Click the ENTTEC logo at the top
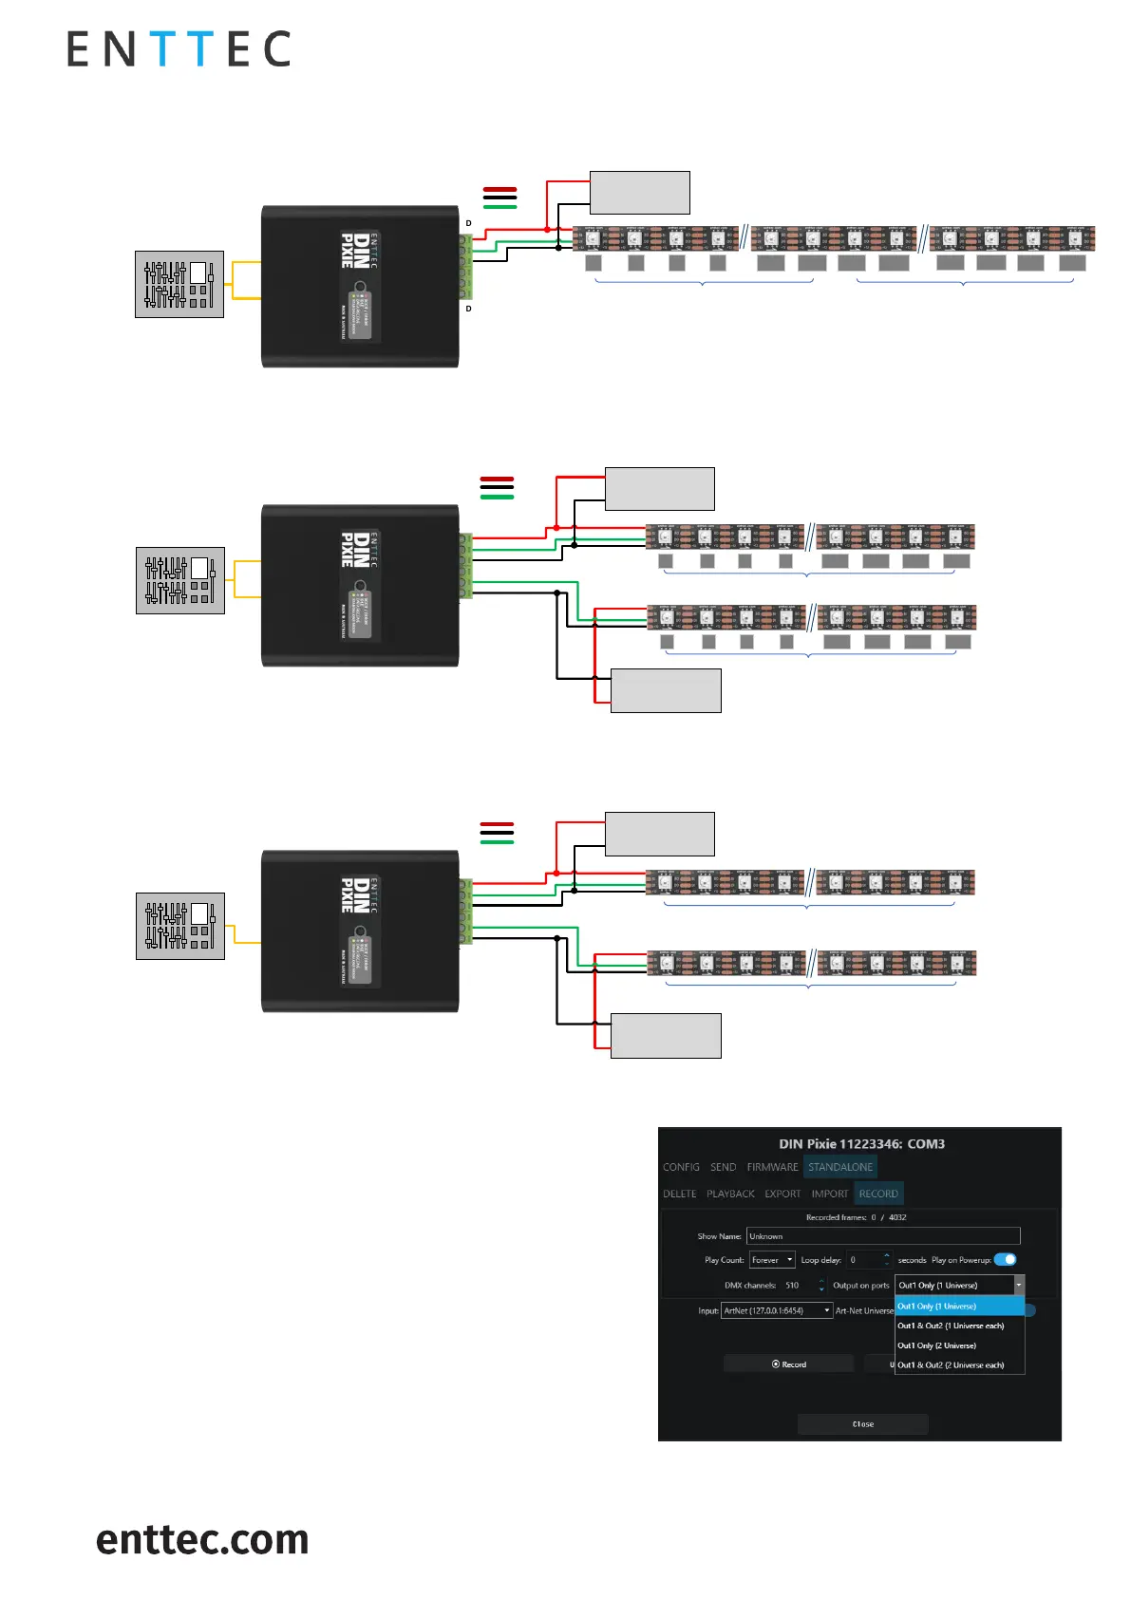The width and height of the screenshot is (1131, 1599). [x=179, y=49]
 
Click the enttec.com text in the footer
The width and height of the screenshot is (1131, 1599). [x=202, y=1539]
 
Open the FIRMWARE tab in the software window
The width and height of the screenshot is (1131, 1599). [x=772, y=1167]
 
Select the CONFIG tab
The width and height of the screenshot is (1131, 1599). [x=681, y=1167]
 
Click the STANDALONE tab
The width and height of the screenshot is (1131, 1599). [x=839, y=1167]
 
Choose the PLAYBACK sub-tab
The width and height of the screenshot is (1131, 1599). [x=730, y=1194]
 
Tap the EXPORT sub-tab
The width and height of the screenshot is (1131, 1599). [x=782, y=1194]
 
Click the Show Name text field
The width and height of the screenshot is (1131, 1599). [x=882, y=1236]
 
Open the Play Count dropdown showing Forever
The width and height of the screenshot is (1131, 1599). [x=772, y=1260]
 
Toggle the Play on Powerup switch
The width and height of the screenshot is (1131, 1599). [x=1005, y=1259]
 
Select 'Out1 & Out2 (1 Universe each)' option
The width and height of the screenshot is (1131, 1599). [x=951, y=1326]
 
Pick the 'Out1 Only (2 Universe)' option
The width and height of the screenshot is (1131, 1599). [x=937, y=1345]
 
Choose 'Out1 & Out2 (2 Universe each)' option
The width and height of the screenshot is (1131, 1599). [x=951, y=1365]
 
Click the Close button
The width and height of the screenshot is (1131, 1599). [x=862, y=1424]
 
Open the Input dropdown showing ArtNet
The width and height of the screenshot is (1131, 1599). [x=777, y=1310]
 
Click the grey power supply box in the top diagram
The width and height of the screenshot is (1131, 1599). [x=639, y=193]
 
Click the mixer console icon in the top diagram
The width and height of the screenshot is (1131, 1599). [x=179, y=284]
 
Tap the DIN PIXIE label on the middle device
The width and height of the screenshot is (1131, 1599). [x=354, y=550]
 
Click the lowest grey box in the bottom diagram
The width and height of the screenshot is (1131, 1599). [x=666, y=1035]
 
